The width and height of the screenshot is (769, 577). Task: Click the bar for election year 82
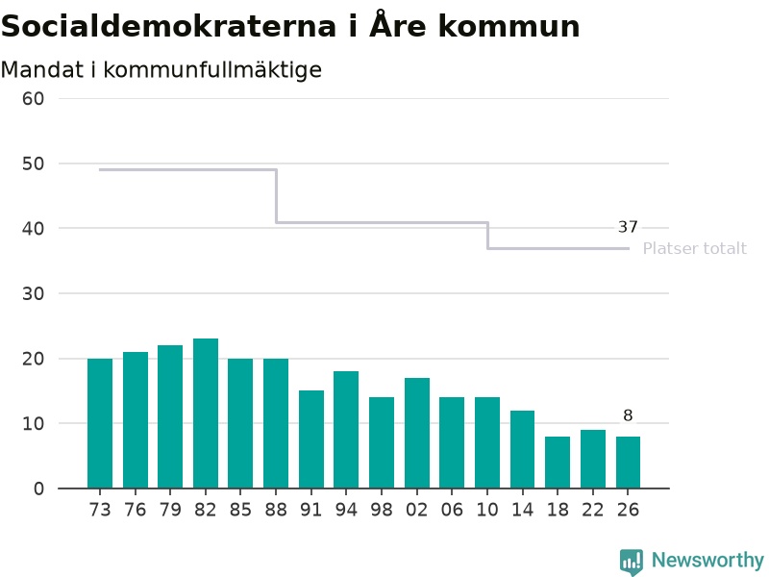coord(206,414)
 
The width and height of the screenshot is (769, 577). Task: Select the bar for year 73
coord(100,423)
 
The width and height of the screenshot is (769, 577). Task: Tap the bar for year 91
coord(311,439)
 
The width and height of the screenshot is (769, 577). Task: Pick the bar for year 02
coord(417,433)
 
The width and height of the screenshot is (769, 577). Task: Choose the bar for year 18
coord(558,463)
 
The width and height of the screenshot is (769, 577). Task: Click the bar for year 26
coord(629,463)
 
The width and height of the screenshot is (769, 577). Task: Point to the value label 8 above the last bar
coord(628,415)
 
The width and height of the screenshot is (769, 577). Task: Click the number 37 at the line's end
coord(628,227)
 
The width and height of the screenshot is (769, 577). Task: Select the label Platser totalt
coord(694,248)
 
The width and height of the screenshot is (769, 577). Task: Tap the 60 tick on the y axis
coord(33,99)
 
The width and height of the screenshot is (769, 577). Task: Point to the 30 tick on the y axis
coord(33,294)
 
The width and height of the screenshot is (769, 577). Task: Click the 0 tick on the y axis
coord(38,489)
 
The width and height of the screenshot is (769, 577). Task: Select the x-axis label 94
coord(346,510)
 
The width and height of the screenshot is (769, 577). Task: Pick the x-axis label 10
coord(487,510)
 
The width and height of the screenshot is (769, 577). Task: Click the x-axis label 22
coord(592,510)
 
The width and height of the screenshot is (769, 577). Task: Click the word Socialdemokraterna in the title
coord(169,26)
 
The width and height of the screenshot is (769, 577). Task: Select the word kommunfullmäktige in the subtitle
coord(212,69)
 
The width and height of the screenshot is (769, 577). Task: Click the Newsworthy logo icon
coord(632,562)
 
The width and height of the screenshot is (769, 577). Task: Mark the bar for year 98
coord(382,442)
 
